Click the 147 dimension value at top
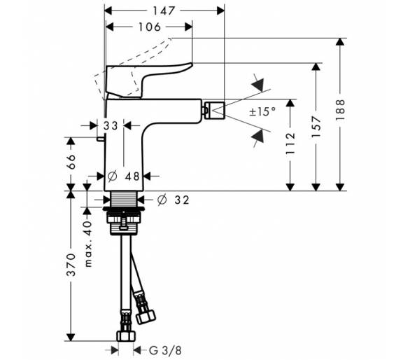[164, 11]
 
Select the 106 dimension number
[149, 27]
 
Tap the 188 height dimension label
[340, 110]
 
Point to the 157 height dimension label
[316, 127]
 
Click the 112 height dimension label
[290, 144]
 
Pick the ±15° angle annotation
[262, 112]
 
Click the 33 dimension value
[111, 126]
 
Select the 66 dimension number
[71, 162]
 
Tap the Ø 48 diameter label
[124, 176]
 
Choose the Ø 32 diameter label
[173, 200]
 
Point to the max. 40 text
[88, 244]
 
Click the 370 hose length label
[71, 265]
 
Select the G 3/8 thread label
[165, 350]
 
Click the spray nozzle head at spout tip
[215, 110]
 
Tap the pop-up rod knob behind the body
[101, 139]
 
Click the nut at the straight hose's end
[126, 335]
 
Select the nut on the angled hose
[146, 317]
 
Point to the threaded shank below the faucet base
[124, 199]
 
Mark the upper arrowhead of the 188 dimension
[340, 43]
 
